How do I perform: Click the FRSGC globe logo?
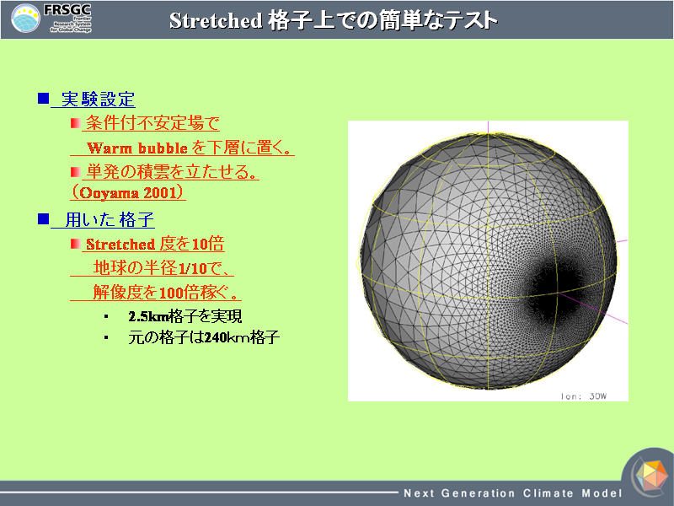point(25,18)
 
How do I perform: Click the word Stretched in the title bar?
point(216,20)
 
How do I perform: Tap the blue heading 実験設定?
point(98,100)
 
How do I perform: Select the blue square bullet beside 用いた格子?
point(44,219)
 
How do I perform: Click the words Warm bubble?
point(137,148)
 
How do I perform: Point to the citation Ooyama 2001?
point(128,192)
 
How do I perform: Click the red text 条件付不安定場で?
point(152,123)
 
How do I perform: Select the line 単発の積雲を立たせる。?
point(172,172)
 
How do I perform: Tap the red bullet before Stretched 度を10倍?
point(75,244)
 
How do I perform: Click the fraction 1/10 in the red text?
point(193,268)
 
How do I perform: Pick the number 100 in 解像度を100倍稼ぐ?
point(172,293)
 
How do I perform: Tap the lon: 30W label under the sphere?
point(583,396)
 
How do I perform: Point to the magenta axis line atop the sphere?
point(488,127)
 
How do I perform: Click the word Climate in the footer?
point(548,493)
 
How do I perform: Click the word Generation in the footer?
point(478,493)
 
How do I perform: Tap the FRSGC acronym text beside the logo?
point(67,9)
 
